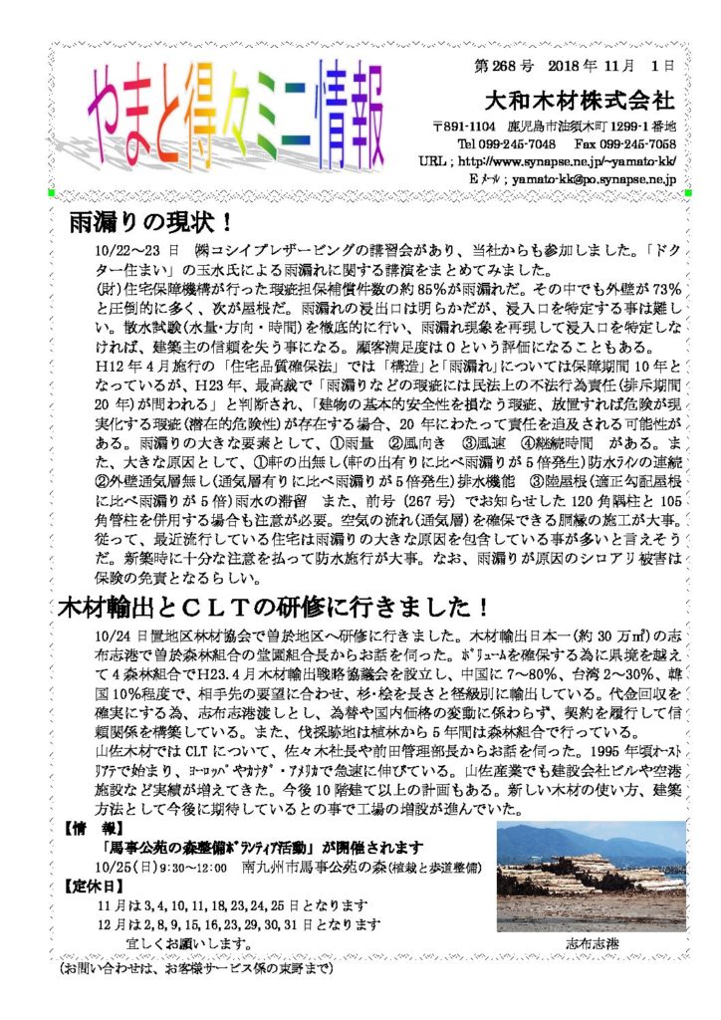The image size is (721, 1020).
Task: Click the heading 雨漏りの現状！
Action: pos(149,220)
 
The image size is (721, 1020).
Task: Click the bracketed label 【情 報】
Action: pos(95,828)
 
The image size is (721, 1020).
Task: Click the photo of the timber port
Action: pos(591,877)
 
